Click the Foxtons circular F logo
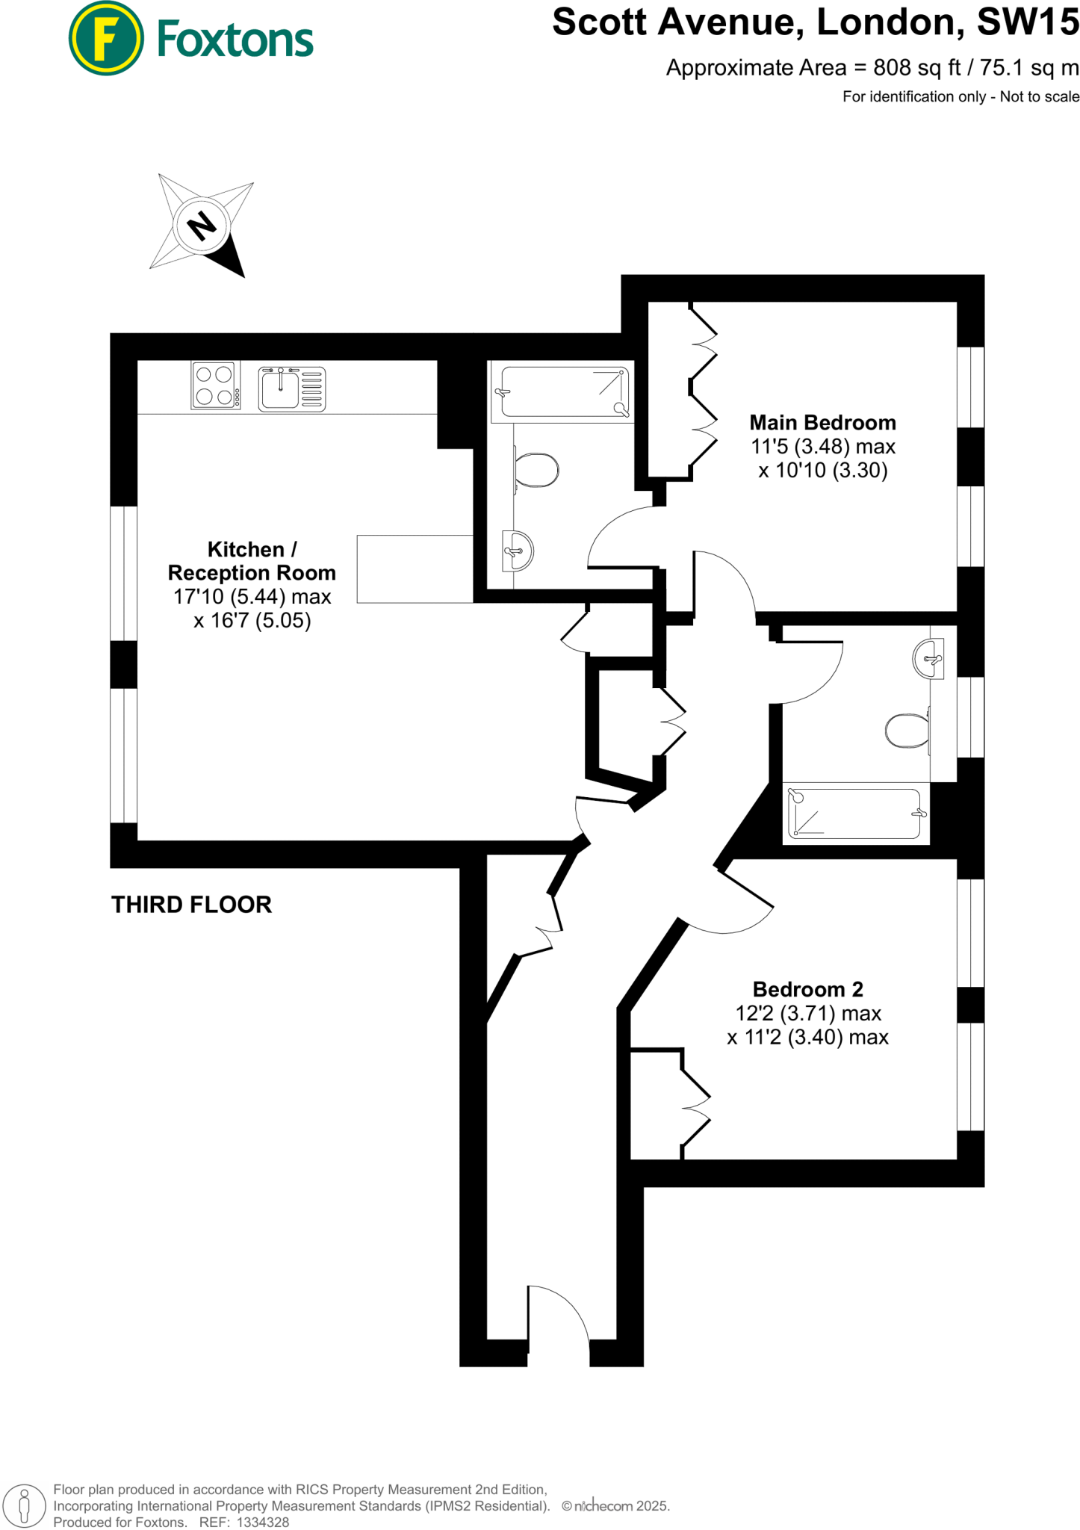(x=105, y=38)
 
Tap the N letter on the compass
(x=201, y=225)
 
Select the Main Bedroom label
(x=822, y=423)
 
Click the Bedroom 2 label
(x=807, y=989)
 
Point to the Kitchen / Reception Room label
(x=252, y=561)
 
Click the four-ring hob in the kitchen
(x=215, y=385)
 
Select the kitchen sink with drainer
(x=291, y=389)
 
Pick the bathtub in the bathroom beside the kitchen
(x=564, y=391)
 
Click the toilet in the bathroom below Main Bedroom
(x=907, y=731)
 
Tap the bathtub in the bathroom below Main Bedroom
(x=854, y=814)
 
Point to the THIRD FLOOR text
(x=191, y=905)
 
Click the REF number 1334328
(x=262, y=1523)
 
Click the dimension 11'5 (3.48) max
(x=822, y=447)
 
